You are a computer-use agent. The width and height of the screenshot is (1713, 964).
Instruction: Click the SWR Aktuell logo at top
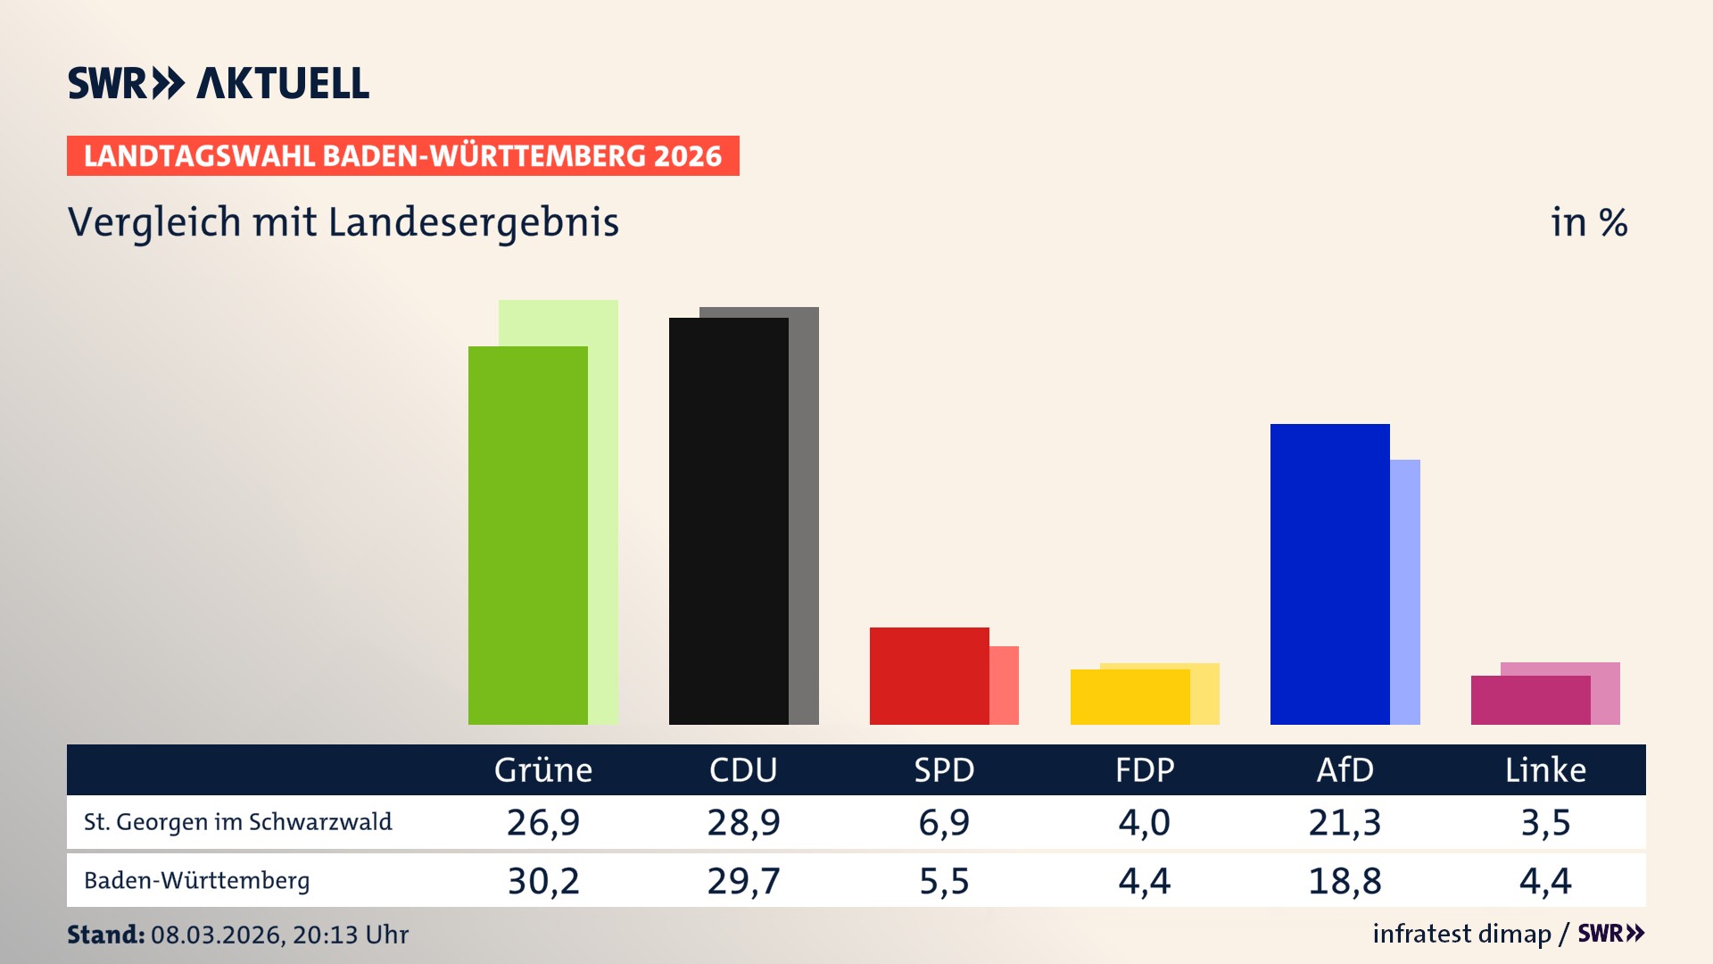(218, 83)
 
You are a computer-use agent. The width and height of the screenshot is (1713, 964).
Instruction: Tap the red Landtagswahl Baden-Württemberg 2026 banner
(402, 156)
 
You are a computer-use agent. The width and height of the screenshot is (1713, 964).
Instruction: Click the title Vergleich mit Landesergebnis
(343, 222)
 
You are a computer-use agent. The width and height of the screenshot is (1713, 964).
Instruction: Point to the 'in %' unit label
(1588, 223)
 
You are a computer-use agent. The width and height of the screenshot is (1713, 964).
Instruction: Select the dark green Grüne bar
(527, 536)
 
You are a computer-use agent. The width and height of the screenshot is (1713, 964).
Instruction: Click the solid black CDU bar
(728, 522)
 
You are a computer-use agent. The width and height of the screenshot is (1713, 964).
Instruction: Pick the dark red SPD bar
(929, 676)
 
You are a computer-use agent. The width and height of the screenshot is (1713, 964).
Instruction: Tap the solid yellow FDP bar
(1130, 697)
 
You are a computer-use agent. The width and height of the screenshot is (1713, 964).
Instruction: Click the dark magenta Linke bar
(1530, 701)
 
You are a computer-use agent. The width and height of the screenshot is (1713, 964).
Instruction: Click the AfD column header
(1345, 770)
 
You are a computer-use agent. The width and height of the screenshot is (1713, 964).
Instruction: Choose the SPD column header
(944, 770)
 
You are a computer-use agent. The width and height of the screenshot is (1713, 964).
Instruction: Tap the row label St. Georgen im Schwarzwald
(237, 822)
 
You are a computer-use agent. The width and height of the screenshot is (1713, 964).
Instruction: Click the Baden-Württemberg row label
(196, 881)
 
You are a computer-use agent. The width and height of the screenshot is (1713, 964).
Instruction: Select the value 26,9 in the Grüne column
(542, 822)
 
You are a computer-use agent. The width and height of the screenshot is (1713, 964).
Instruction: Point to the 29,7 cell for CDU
(743, 881)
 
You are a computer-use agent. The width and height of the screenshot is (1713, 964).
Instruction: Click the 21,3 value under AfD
(1345, 822)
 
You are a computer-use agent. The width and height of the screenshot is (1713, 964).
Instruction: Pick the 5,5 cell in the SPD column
(944, 881)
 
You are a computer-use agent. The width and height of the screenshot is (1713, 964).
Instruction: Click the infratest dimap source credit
(1461, 934)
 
